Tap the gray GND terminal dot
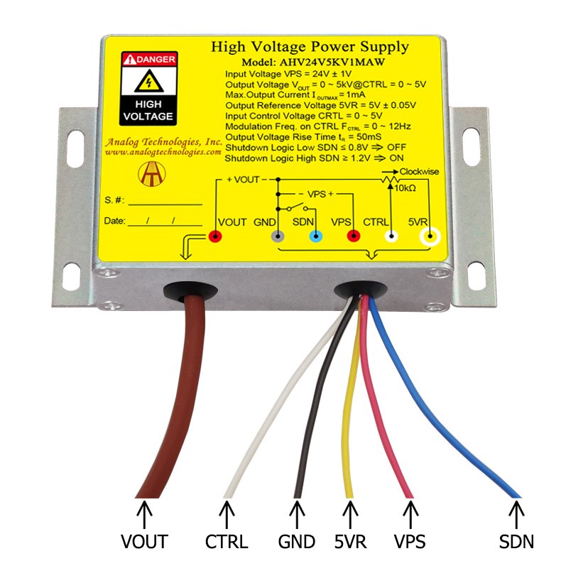279,237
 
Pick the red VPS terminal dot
352,237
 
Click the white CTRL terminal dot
389,237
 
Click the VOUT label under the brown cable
144,542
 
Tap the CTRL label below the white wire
227,542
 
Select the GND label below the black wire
296,542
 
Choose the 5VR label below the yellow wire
350,542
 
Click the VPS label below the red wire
410,542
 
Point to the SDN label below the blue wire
516,542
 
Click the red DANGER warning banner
148,60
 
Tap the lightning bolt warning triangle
148,82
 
